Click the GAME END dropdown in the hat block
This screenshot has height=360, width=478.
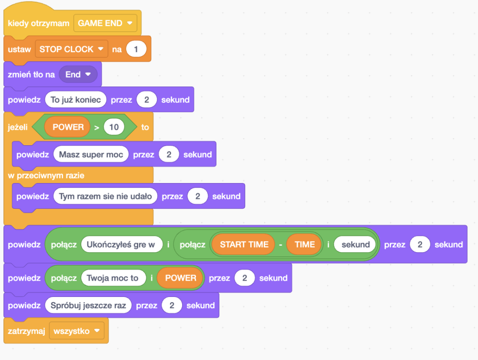pos(105,23)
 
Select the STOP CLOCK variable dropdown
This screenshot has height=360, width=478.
pos(71,49)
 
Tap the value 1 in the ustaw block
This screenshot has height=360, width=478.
pos(136,49)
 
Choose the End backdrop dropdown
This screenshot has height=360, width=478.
pos(78,74)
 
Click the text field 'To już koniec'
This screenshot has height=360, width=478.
pos(76,99)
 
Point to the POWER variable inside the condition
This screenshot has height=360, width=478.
pos(68,127)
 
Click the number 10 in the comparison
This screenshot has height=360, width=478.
pos(114,127)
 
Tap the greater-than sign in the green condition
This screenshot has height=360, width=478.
pos(97,127)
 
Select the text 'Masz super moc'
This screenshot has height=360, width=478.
pos(91,155)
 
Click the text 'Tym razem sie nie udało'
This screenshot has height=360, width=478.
pos(105,196)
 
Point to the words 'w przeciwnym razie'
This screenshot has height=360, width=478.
pos(46,176)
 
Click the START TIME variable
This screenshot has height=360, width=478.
pos(244,245)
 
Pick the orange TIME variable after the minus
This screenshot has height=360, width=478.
pos(304,245)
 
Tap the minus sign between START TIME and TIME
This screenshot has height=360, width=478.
pos(281,245)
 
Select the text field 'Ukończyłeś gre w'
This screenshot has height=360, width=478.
pos(121,245)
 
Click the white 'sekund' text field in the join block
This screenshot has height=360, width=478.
pos(355,245)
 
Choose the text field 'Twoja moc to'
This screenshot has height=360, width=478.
pos(113,278)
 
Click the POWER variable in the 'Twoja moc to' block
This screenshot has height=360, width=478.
pos(181,278)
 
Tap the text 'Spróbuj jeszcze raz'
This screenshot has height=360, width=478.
pos(88,305)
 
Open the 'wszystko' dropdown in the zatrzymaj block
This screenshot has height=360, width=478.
pos(77,331)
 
